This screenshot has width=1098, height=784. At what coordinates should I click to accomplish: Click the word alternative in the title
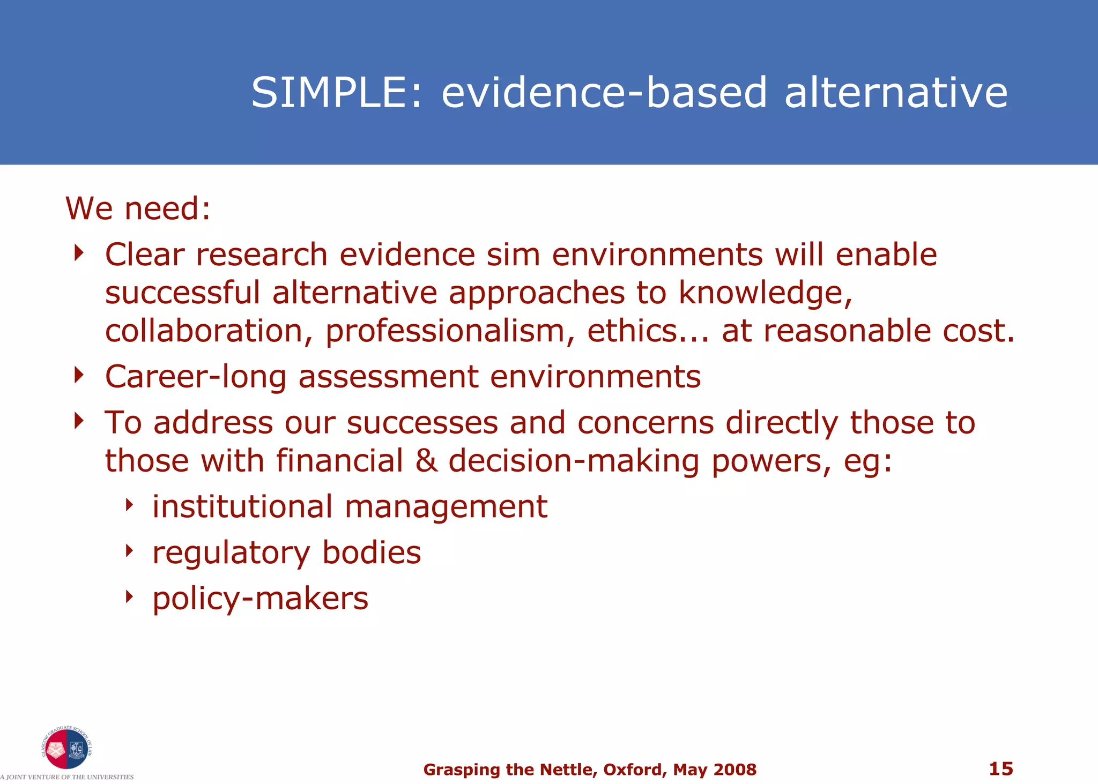pos(895,92)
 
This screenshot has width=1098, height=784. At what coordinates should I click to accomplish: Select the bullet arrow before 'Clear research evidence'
pos(79,252)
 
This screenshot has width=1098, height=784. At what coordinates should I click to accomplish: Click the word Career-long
pos(195,377)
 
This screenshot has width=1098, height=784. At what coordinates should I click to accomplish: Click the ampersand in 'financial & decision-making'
pos(426,461)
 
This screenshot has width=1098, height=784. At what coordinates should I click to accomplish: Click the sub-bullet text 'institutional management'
pos(350,507)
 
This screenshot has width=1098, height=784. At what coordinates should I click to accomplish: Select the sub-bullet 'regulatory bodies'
pos(286,553)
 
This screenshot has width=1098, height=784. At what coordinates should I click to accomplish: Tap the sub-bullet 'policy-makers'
pos(260,599)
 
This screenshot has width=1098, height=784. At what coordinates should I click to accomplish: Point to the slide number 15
pos(1000,768)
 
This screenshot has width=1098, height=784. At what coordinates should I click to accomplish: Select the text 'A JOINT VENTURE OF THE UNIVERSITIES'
pos(66,777)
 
